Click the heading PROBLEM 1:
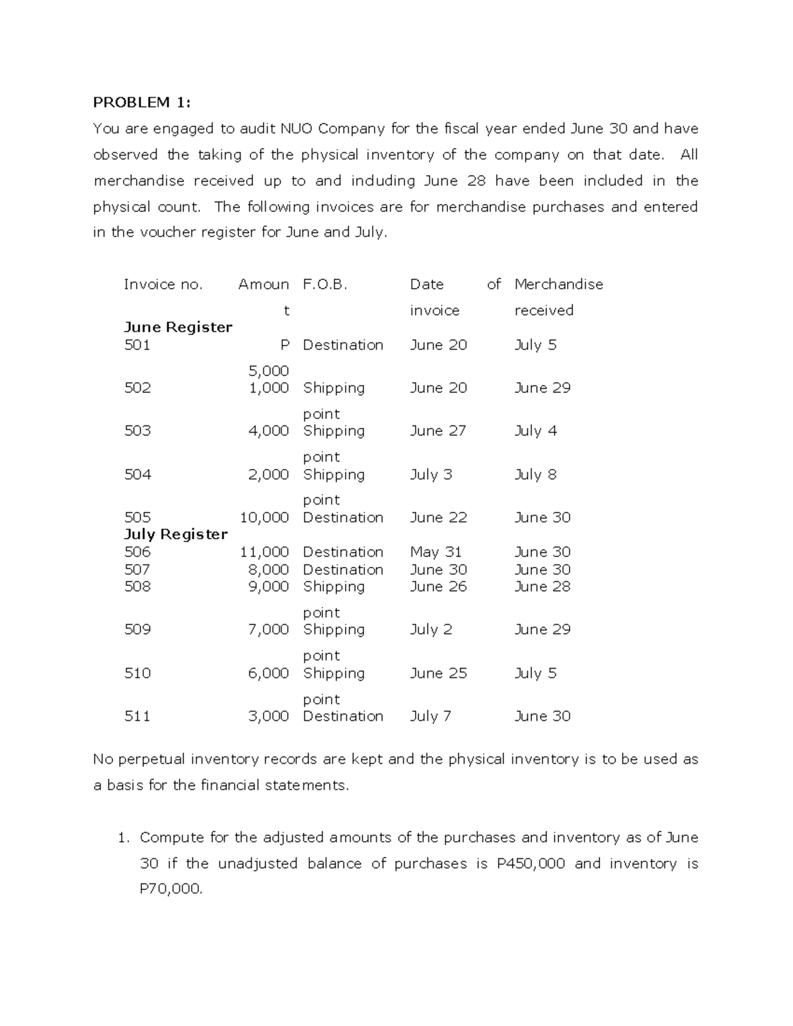[141, 102]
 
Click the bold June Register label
[178, 328]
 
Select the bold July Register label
[176, 534]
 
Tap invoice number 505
[137, 517]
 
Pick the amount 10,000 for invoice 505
[264, 517]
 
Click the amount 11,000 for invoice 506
[264, 552]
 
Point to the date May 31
[435, 552]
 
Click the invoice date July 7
[430, 716]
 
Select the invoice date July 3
[431, 474]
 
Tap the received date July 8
[535, 474]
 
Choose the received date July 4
[535, 431]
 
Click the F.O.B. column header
[324, 285]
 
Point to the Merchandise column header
[558, 285]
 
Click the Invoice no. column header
[163, 285]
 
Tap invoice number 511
[137, 716]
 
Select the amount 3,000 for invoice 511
[268, 716]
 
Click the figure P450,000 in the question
[530, 863]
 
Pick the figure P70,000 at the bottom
[170, 889]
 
